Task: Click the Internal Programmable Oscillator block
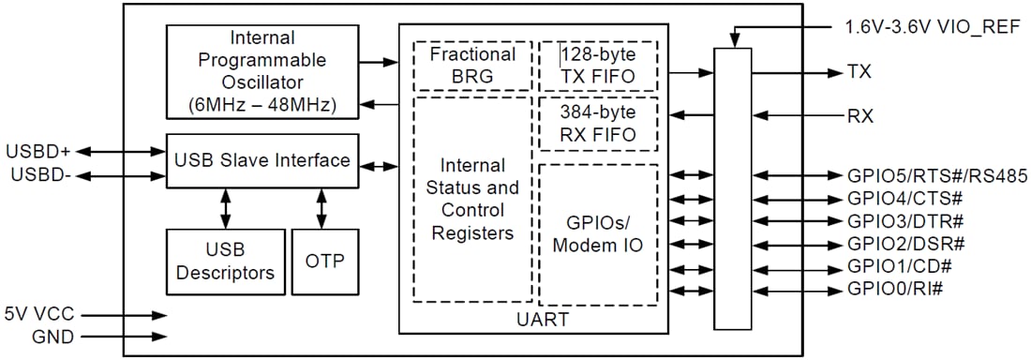(x=263, y=72)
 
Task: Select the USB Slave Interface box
(x=262, y=160)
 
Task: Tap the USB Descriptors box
(x=224, y=261)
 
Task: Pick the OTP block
(x=324, y=261)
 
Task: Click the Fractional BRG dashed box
(x=473, y=65)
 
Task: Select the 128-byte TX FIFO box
(x=598, y=65)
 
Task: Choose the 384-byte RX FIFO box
(x=598, y=123)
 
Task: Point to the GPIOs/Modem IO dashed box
(x=598, y=234)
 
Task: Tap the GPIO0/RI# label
(x=895, y=288)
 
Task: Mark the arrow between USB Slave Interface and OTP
(x=322, y=208)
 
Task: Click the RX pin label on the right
(x=859, y=116)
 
